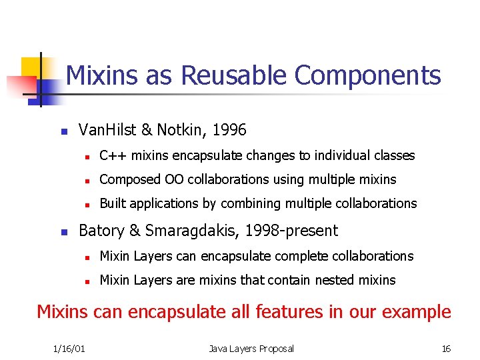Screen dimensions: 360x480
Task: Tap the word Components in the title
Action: click(367, 75)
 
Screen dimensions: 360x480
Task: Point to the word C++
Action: click(113, 155)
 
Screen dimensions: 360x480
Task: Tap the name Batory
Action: click(99, 231)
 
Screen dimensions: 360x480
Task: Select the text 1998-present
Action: click(291, 231)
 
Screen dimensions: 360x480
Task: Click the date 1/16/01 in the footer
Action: click(69, 348)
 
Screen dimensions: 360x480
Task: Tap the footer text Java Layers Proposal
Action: click(251, 348)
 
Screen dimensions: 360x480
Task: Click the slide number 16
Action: click(446, 348)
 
